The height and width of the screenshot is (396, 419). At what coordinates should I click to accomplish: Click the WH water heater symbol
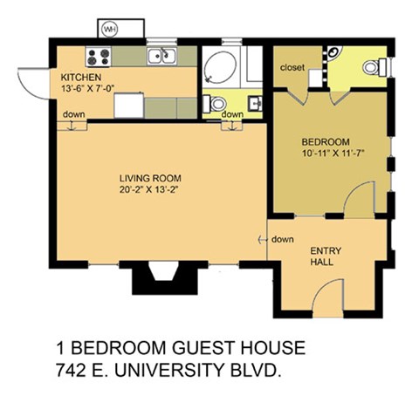tap(110, 29)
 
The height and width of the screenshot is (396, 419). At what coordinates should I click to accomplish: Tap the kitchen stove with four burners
tap(98, 58)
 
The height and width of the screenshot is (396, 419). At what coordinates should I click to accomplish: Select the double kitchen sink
tap(161, 58)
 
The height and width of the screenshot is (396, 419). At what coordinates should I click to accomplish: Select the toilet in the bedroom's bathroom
tap(374, 66)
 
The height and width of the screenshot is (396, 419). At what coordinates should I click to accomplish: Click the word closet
tap(291, 68)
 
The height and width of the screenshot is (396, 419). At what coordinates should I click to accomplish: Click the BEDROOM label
tap(326, 141)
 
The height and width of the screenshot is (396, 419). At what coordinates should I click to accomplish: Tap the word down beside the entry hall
tap(282, 240)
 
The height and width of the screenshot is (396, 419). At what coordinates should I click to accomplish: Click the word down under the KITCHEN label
tap(73, 115)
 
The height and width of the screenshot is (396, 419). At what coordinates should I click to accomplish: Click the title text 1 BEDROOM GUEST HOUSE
tap(182, 348)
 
